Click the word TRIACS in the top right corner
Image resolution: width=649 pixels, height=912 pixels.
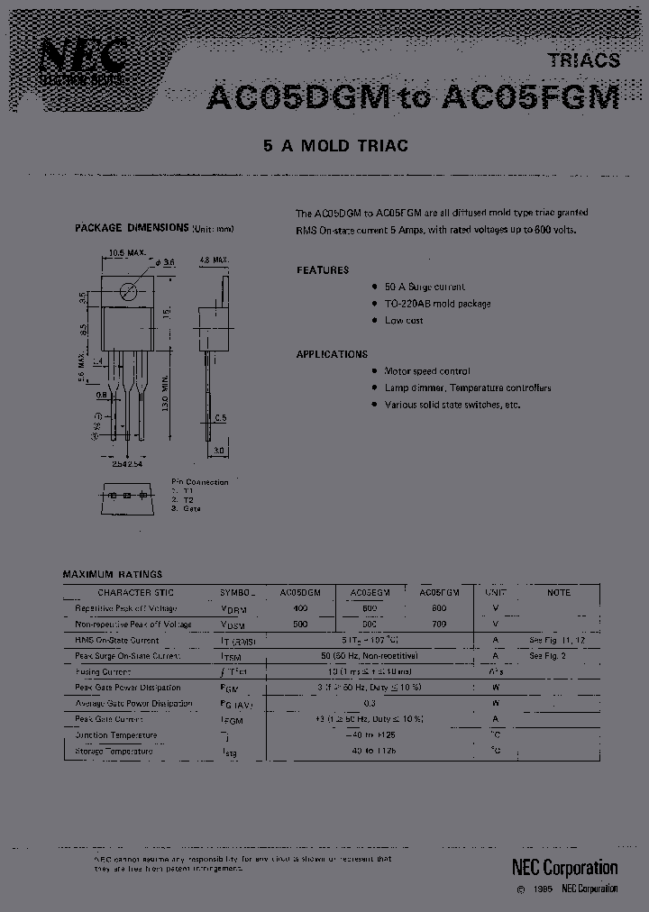[x=584, y=60]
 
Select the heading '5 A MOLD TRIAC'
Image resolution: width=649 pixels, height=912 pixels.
[x=335, y=146]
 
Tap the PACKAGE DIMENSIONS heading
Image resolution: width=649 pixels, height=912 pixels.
[x=132, y=228]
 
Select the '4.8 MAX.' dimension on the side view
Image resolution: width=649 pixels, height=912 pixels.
[x=214, y=259]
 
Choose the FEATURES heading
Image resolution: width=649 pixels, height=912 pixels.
[x=323, y=270]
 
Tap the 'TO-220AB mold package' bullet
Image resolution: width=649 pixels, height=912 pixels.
[x=437, y=304]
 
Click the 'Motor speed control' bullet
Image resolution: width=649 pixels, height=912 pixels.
[x=427, y=371]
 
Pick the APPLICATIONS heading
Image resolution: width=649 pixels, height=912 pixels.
[x=332, y=354]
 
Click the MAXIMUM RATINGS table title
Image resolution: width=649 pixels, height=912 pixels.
[x=113, y=573]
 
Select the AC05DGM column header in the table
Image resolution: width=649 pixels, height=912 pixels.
[x=300, y=593]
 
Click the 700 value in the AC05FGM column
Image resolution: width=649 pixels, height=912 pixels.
[x=439, y=624]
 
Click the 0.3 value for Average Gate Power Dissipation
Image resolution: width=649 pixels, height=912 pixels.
[x=370, y=703]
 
